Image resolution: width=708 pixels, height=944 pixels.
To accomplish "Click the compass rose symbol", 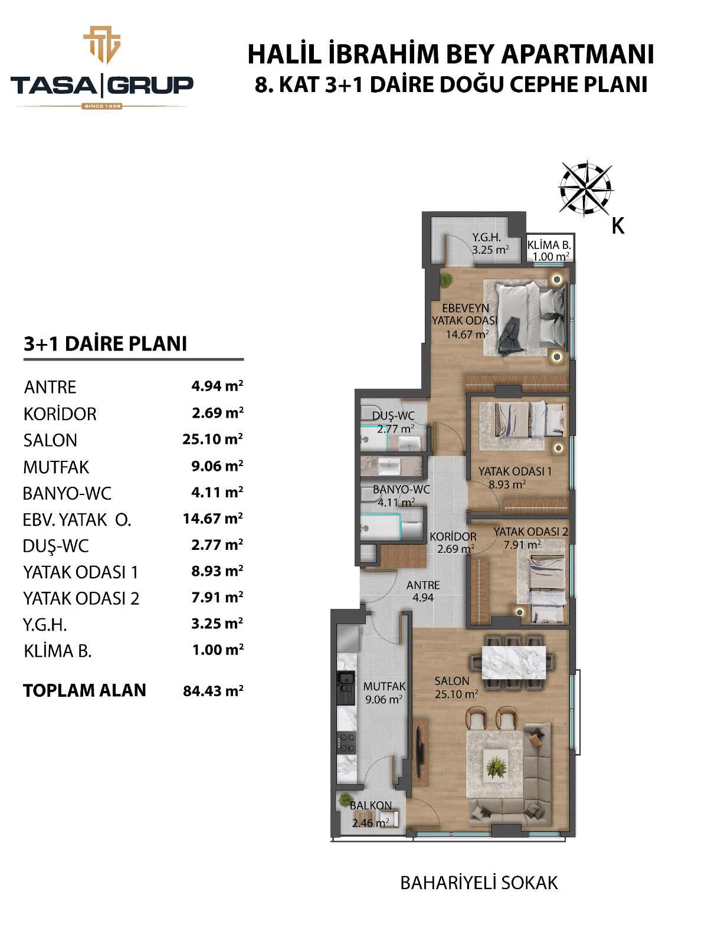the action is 586,188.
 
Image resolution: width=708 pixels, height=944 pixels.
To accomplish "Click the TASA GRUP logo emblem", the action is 102,45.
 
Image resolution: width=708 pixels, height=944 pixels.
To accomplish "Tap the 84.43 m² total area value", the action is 213,690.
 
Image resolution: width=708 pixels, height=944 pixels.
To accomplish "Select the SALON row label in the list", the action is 50,440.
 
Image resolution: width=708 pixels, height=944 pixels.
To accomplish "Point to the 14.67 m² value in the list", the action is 213,518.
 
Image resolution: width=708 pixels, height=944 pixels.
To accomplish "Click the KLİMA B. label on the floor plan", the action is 549,245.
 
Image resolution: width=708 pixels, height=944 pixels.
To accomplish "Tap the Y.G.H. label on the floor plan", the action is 487,237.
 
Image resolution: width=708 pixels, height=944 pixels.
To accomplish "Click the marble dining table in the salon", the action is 513,663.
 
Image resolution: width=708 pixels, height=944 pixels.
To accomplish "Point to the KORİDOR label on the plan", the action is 453,536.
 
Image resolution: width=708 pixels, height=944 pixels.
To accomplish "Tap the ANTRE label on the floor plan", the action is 423,585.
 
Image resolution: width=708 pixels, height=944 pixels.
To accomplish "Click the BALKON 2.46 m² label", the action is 371,814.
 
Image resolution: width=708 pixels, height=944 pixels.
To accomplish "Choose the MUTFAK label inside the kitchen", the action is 384,686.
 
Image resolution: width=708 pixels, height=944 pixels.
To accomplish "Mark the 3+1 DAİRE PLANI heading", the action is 106,343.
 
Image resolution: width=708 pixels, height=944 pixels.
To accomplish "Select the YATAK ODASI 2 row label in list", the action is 81,598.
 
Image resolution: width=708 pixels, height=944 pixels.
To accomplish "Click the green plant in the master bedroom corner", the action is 446,280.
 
